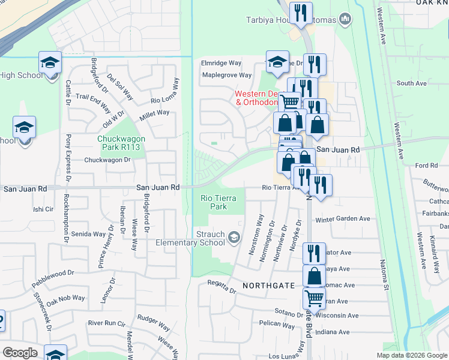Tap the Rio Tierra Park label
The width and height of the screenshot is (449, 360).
(x=214, y=202)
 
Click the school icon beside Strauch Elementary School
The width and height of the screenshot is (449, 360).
(x=234, y=239)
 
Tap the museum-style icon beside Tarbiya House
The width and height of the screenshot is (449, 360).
(x=345, y=20)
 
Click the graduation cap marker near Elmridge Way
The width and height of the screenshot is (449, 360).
(x=277, y=61)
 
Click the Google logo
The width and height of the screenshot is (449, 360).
(x=19, y=353)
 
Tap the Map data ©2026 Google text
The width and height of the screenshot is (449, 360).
(x=412, y=355)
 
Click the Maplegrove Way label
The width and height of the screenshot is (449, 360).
(x=227, y=76)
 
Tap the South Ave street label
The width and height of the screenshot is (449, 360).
(x=411, y=83)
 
